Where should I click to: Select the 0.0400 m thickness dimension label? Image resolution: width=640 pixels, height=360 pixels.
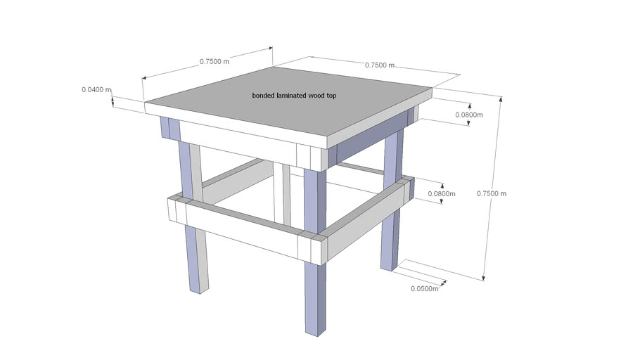tap(96, 89)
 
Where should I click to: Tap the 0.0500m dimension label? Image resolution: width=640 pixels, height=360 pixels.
tap(424, 288)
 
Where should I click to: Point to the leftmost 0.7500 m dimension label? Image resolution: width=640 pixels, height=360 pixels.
tap(214, 61)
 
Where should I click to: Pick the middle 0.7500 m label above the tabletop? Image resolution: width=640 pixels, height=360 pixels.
tap(379, 65)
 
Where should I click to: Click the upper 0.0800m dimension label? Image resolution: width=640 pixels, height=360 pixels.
tap(469, 115)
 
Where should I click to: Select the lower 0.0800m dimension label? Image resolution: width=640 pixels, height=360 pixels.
tap(442, 193)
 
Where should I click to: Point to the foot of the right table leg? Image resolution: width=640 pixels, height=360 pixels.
tap(388, 265)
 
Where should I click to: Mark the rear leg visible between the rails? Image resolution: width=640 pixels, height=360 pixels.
tap(285, 193)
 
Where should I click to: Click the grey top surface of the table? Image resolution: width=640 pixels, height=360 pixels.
tap(288, 105)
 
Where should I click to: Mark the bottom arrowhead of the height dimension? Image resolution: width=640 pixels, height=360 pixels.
tap(485, 278)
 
